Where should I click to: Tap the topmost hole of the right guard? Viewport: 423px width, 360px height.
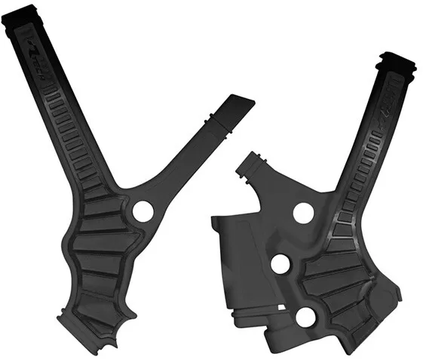pyautogui.click(x=302, y=213)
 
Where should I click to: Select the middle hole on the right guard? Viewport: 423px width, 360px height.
pyautogui.click(x=280, y=264)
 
